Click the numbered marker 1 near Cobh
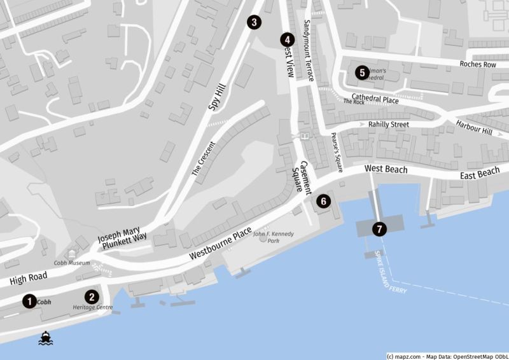[x=29, y=301]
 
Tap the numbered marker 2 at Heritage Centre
[x=92, y=296]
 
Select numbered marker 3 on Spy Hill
[x=254, y=23]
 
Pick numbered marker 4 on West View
[x=288, y=39]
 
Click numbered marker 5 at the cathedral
[x=362, y=72]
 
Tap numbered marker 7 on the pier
[x=380, y=228]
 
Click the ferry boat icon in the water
[x=46, y=338]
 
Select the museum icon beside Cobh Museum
[x=69, y=254]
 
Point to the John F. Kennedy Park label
[x=274, y=237]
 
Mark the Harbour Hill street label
[x=474, y=127]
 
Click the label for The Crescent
[x=204, y=158]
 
